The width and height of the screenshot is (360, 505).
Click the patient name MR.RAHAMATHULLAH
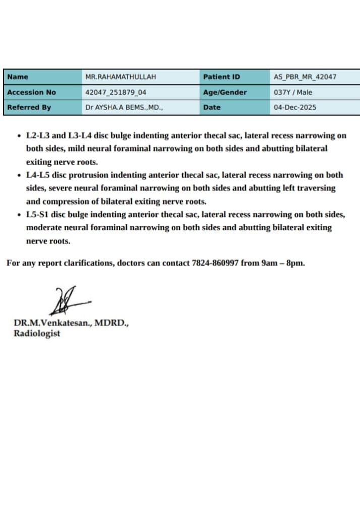pyautogui.click(x=121, y=77)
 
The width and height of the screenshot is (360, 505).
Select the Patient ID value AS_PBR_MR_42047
pyautogui.click(x=305, y=77)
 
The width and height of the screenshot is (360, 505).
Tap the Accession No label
pyautogui.click(x=32, y=92)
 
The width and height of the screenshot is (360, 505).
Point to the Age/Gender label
pyautogui.click(x=225, y=92)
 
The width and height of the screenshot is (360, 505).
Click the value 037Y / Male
pyautogui.click(x=293, y=92)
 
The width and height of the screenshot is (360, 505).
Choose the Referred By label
pyautogui.click(x=29, y=107)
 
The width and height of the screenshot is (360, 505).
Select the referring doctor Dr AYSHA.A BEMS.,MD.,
pyautogui.click(x=124, y=107)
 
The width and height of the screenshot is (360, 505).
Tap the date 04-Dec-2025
pyautogui.click(x=295, y=107)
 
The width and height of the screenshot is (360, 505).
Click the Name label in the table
pyautogui.click(x=18, y=77)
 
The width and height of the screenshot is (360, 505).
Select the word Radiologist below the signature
pyautogui.click(x=37, y=333)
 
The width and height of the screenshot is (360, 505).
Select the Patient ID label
pyautogui.click(x=221, y=77)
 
